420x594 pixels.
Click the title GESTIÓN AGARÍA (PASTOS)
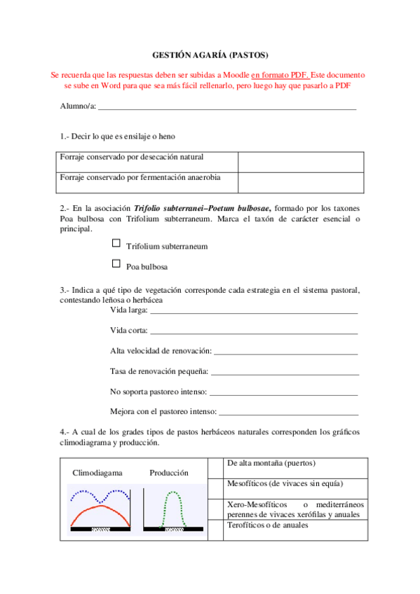tap(210, 55)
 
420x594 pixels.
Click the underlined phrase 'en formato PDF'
tap(279, 74)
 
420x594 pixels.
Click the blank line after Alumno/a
tap(227, 108)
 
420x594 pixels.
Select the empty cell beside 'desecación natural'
tap(300, 162)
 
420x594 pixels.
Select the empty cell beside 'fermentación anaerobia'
tap(300, 182)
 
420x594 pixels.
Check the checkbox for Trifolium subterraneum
tap(116, 244)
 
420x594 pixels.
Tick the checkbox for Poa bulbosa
tap(116, 264)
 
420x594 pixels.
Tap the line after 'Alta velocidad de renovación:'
tap(286, 351)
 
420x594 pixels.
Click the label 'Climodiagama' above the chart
tap(97, 473)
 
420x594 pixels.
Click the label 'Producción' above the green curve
tap(169, 473)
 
